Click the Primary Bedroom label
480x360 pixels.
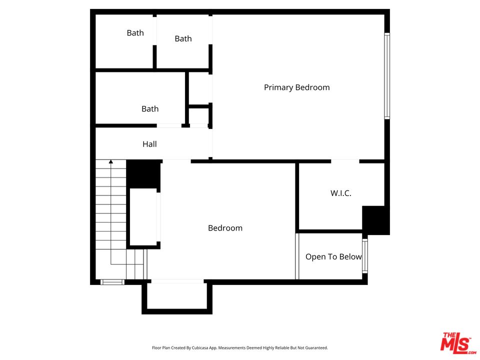[296, 87]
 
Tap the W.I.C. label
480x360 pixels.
[340, 193]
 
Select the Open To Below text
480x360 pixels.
[333, 257]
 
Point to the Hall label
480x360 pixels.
[149, 144]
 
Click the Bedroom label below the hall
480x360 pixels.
[225, 228]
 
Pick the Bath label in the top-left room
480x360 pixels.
[135, 33]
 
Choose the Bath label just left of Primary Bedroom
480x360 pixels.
[183, 38]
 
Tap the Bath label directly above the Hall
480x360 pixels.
[150, 108]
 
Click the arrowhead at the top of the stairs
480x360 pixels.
[111, 161]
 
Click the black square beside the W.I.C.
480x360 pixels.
[375, 220]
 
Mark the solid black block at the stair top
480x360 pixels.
[143, 173]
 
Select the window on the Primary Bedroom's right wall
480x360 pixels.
[387, 76]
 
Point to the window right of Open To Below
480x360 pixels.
[365, 255]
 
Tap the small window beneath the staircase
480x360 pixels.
[112, 282]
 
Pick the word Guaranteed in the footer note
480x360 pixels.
[316, 347]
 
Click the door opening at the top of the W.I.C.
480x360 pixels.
[345, 161]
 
